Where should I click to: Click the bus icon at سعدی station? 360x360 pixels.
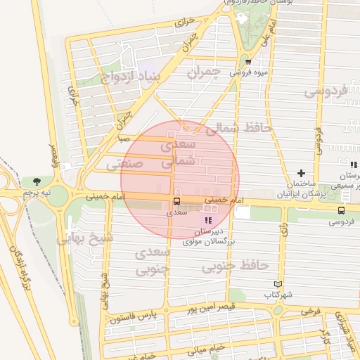(176, 199)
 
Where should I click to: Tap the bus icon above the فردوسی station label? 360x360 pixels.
(341, 210)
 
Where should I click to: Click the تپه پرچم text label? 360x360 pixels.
(36, 193)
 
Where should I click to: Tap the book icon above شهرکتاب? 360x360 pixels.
(278, 285)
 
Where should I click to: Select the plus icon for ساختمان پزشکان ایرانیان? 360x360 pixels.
(301, 172)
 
